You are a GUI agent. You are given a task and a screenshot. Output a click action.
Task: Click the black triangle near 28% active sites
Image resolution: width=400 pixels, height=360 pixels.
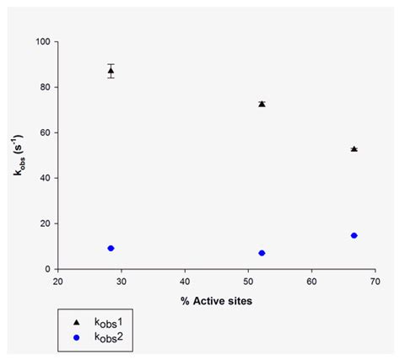pyautogui.click(x=111, y=70)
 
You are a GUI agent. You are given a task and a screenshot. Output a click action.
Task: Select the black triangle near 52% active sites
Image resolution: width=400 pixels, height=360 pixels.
pyautogui.click(x=262, y=104)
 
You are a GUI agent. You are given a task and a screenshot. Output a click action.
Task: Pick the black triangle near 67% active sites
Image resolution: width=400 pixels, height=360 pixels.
pyautogui.click(x=354, y=149)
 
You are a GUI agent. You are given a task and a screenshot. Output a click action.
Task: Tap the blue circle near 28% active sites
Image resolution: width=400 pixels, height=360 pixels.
pyautogui.click(x=111, y=248)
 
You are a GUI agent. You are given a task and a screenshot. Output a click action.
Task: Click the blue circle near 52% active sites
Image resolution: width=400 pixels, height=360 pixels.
pyautogui.click(x=262, y=253)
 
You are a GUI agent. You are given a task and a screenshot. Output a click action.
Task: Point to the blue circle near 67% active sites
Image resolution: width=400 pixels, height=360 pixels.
pyautogui.click(x=354, y=235)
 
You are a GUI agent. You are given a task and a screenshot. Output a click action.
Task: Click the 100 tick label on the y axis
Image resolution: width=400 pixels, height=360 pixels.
pyautogui.click(x=43, y=41)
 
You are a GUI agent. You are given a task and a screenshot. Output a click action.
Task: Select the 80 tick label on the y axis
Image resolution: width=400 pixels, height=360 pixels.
pyautogui.click(x=46, y=87)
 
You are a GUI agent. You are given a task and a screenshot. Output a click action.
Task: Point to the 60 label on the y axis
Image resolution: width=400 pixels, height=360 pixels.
pyautogui.click(x=46, y=132)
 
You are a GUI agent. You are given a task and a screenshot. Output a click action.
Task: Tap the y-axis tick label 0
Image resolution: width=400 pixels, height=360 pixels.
pyautogui.click(x=47, y=269)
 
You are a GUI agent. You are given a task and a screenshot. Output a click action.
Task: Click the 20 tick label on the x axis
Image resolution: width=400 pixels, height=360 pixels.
pyautogui.click(x=58, y=282)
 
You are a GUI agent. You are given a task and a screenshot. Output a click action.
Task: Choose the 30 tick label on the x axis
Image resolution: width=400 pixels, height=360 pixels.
pyautogui.click(x=122, y=282)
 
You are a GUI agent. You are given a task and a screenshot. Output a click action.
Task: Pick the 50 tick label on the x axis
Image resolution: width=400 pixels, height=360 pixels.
pyautogui.click(x=248, y=282)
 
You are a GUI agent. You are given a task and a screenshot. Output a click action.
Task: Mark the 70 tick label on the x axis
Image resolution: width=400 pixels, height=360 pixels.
pyautogui.click(x=376, y=282)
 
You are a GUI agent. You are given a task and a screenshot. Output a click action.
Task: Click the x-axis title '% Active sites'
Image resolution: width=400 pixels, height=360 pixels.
pyautogui.click(x=216, y=301)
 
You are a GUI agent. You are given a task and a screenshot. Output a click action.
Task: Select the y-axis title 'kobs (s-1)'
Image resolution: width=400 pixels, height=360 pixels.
pyautogui.click(x=19, y=155)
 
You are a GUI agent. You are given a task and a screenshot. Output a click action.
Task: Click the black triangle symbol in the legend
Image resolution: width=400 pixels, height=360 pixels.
pyautogui.click(x=76, y=322)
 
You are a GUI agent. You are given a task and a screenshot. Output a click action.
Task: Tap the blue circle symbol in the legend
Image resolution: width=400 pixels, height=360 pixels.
pyautogui.click(x=76, y=337)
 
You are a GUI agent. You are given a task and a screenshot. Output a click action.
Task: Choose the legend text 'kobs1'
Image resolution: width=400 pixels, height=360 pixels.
pyautogui.click(x=109, y=322)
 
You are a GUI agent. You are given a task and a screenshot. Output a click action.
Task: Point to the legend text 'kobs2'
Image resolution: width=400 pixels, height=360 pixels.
pyautogui.click(x=109, y=337)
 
